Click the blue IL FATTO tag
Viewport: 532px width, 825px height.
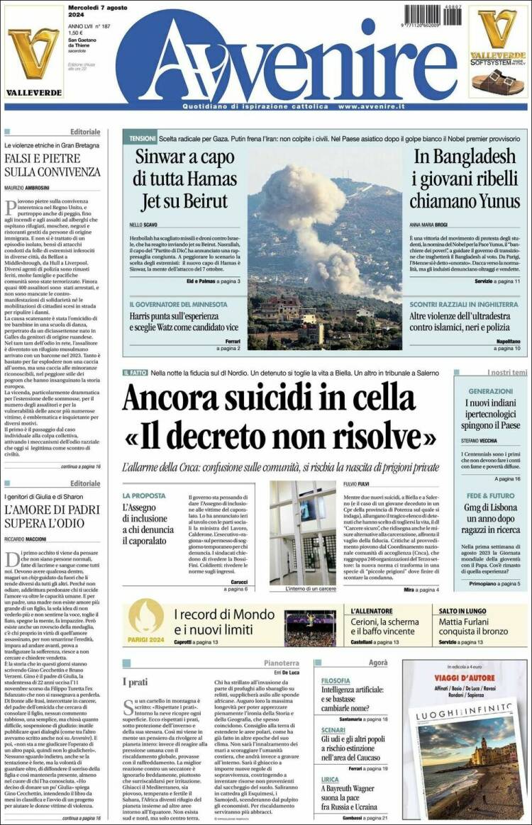[134, 373]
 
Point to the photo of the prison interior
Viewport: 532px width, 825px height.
[302, 532]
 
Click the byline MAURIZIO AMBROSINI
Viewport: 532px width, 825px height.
[29, 187]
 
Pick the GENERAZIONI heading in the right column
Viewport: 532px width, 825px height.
[490, 391]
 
